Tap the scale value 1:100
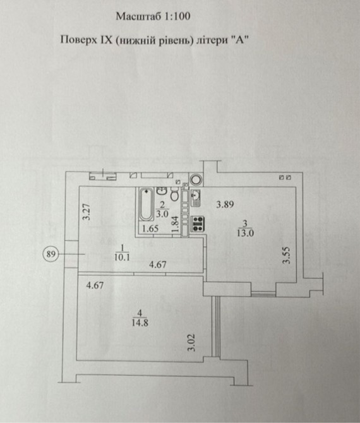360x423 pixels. pos(176,16)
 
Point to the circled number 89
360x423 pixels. pos(51,254)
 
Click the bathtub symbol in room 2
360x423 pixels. pos(146,204)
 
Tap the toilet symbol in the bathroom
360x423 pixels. pos(175,195)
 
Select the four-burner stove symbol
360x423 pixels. pos(198,224)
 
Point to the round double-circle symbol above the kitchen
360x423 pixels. pos(195,179)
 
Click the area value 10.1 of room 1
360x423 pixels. pos(122,257)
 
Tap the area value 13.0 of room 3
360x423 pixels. pos(245,233)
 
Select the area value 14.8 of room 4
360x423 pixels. pos(140,323)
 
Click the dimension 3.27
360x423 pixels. pos(87,212)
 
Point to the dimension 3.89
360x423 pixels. pos(225,205)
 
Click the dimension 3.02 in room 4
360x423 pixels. pos(191,343)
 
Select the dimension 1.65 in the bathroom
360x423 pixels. pos(150,229)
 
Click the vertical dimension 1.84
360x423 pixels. pos(176,223)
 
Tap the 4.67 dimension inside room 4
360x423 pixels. pos(95,285)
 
